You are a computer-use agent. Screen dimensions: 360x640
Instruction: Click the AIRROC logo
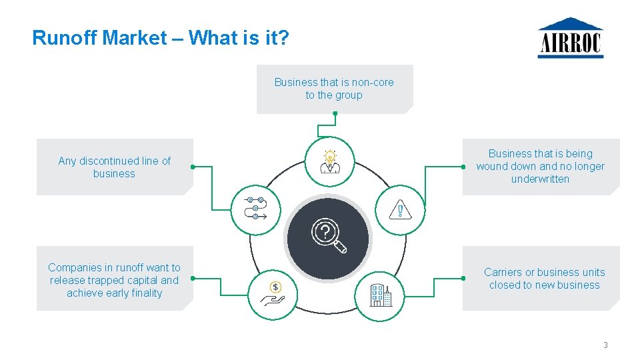[571, 38]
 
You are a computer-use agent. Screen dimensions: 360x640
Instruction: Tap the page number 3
[605, 345]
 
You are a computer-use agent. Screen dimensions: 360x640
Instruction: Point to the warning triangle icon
[400, 211]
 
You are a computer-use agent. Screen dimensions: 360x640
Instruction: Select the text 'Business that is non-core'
[334, 83]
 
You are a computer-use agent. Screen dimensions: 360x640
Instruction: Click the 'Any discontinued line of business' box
[114, 167]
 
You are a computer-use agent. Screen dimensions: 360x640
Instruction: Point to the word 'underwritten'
[540, 179]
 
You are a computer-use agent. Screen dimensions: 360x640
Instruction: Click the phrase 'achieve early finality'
[114, 293]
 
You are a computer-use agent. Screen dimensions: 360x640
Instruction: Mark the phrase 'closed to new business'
[544, 285]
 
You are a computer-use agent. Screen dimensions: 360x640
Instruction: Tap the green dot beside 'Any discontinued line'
[192, 167]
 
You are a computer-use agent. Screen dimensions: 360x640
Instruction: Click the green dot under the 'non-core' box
[335, 113]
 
